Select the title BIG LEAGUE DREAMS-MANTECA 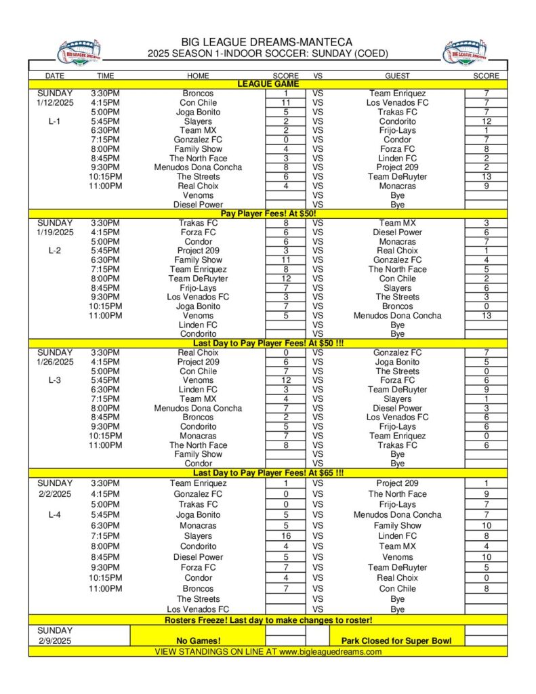click(266, 43)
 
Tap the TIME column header click(105, 76)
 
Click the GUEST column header click(397, 76)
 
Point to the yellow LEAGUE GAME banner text click(268, 84)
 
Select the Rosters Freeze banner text click(268, 620)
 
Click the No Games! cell click(198, 640)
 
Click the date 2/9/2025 click(55, 640)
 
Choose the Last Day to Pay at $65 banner click(268, 473)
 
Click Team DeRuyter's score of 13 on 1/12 click(486, 177)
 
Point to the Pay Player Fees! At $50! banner click(268, 214)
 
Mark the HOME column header click(198, 76)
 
